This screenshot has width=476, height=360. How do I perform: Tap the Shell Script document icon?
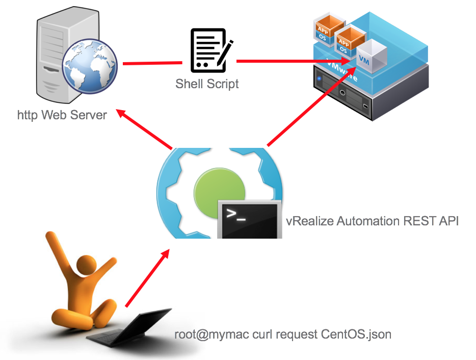point(208,50)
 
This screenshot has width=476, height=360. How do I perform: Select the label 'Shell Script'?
point(207,84)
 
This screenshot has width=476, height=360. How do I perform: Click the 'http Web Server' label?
point(62,115)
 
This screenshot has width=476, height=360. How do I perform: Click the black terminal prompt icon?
point(249,219)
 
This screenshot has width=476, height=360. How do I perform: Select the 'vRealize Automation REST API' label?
point(372,221)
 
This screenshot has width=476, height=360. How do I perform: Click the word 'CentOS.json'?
point(356,335)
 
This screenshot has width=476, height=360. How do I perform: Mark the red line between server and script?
point(152,63)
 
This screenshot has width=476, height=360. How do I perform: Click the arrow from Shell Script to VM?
point(296,62)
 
